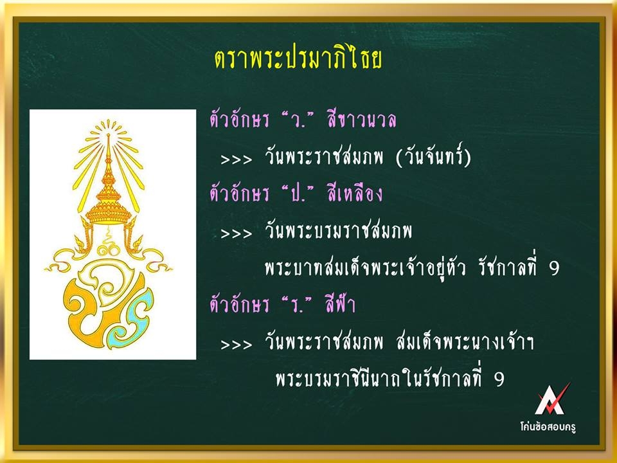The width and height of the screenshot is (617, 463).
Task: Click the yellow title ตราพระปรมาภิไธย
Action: [298, 59]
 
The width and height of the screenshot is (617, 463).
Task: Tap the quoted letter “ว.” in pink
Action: [297, 120]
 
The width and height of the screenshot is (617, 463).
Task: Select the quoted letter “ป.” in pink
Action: [298, 194]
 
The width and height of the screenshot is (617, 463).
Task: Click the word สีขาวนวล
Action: [361, 120]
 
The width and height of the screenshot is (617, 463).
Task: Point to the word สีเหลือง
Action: [355, 194]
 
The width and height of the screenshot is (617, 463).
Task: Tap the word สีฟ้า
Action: [341, 304]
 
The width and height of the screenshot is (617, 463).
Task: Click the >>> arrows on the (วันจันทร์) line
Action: [236, 159]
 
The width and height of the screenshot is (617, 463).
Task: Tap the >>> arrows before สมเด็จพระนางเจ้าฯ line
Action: [236, 345]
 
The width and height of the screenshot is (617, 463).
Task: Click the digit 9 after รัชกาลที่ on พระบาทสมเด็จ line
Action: [554, 269]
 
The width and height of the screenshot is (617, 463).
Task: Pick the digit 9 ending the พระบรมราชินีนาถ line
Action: [499, 379]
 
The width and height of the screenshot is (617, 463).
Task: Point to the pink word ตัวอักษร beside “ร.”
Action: [239, 305]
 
